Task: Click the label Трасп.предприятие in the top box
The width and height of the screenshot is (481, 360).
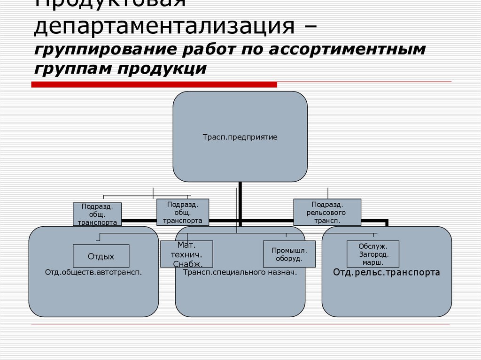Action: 240,138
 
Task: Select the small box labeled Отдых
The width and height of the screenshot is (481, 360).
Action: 101,256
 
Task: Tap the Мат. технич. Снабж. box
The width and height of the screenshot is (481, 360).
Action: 187,254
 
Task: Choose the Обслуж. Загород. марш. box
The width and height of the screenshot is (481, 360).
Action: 373,254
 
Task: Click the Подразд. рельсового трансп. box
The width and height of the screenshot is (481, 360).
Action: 327,212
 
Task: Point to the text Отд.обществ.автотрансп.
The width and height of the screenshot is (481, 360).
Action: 93,272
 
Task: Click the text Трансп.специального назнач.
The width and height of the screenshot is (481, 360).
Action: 240,272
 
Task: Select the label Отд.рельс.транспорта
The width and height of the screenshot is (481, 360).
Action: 386,272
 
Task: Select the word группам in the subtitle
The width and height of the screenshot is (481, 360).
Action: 72,69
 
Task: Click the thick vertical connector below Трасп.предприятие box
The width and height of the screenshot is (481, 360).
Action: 240,199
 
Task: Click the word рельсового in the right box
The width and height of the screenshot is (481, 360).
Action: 327,212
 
